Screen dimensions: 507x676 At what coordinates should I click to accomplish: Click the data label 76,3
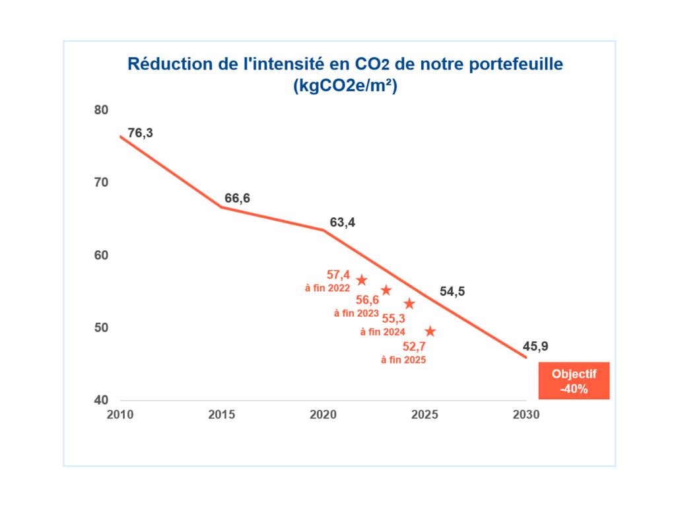coord(140,133)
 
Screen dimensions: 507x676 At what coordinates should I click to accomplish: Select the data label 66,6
coord(237,198)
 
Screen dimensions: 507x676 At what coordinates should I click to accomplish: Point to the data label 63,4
coord(343,222)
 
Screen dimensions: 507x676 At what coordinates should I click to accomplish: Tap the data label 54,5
coord(452,291)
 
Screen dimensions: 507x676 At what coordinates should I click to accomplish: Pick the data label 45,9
coord(535,345)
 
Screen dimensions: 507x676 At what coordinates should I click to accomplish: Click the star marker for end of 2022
coord(362,280)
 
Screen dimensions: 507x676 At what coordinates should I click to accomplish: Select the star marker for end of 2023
coord(386,290)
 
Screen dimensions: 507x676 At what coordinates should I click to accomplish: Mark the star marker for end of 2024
coord(409,304)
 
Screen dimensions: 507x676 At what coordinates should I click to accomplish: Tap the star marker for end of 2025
coord(430,331)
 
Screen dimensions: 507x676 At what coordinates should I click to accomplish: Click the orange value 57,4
coord(338,274)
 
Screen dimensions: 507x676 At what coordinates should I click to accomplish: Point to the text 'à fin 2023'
coord(356,313)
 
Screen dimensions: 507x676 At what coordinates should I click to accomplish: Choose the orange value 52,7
coord(414,347)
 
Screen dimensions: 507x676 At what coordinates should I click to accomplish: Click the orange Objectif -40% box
coord(574,381)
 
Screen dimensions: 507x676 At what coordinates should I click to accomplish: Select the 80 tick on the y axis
coord(101,110)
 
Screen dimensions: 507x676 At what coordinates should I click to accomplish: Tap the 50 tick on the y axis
coord(101,328)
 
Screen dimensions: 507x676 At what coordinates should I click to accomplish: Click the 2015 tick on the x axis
coord(222,415)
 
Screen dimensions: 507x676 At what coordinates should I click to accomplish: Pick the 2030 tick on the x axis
coord(526,415)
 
